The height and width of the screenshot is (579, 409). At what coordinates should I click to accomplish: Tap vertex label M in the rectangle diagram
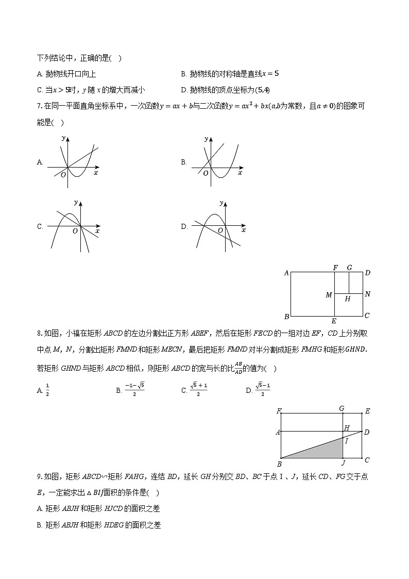329,295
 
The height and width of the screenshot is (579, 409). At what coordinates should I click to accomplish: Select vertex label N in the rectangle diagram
367,294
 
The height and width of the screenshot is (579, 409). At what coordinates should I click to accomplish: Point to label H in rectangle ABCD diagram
348,299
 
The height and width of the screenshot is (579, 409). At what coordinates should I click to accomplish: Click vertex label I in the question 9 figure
346,441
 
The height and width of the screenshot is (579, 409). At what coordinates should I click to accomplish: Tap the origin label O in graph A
63,175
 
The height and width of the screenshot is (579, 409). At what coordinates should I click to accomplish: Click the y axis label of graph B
206,139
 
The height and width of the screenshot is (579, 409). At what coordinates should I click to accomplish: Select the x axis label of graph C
97,231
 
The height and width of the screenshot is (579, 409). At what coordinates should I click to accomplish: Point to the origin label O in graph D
220,230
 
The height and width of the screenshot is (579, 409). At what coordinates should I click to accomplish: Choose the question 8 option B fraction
134,390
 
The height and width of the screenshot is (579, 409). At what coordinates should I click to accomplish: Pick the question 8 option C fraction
198,390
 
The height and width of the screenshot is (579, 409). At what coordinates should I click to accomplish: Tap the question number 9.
39,477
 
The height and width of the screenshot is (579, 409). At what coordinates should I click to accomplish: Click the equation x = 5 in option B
270,74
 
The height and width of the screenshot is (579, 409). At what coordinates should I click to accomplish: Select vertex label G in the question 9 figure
342,408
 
